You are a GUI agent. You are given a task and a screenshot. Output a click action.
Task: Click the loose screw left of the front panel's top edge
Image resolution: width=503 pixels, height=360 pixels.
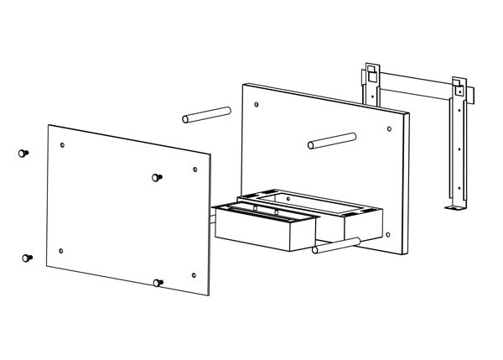point(22,154)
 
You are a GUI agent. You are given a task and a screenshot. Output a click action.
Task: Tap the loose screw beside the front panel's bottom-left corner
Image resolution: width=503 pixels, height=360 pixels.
point(27,258)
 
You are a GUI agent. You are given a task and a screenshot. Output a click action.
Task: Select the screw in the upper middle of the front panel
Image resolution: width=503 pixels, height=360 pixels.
point(156,177)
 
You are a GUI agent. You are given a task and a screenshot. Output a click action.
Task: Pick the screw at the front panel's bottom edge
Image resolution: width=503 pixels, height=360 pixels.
point(158,282)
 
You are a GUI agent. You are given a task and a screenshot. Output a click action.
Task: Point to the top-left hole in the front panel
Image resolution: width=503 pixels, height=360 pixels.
point(65,145)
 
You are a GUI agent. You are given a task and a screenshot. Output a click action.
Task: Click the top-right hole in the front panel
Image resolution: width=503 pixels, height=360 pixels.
point(195,170)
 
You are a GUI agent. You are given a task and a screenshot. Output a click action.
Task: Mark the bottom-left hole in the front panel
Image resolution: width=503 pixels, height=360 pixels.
point(61,250)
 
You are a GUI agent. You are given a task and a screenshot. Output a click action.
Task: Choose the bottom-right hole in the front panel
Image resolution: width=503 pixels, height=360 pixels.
point(193,275)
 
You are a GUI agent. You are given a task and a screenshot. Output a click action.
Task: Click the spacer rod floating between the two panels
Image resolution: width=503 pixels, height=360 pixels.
point(206,113)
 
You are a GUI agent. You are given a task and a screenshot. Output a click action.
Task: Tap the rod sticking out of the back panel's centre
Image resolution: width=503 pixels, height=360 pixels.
point(332,138)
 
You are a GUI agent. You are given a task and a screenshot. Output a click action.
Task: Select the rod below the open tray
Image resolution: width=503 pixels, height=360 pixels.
point(336,245)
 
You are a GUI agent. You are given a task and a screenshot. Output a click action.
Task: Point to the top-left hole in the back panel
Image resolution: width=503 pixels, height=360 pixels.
point(256,104)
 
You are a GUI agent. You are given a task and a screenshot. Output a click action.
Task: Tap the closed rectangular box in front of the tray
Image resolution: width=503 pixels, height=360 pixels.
point(265,230)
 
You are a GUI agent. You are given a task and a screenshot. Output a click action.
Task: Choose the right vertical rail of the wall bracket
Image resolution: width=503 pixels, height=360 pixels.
point(459,143)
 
